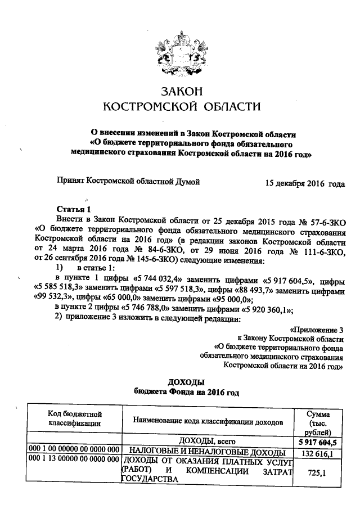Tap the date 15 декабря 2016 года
(x=304, y=183)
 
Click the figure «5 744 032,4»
(x=160, y=281)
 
